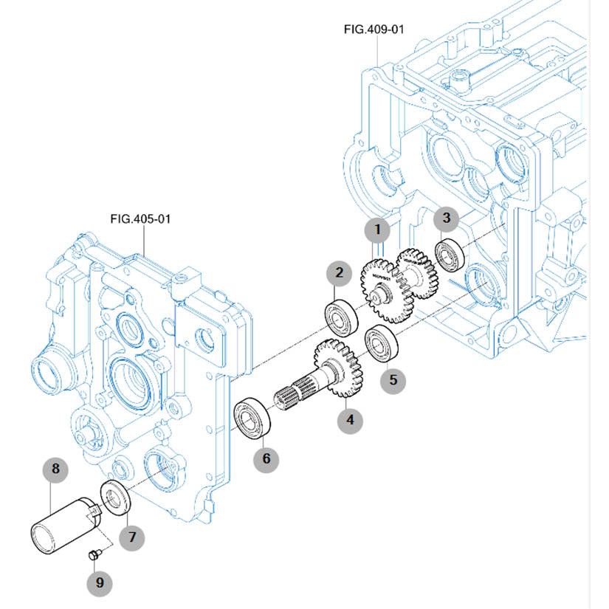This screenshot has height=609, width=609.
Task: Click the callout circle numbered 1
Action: pyautogui.click(x=378, y=230)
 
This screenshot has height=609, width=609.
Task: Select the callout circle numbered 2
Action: pyautogui.click(x=339, y=273)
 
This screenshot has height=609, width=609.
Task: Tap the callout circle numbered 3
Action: pyautogui.click(x=446, y=217)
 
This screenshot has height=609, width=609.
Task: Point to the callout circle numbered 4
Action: pyautogui.click(x=350, y=420)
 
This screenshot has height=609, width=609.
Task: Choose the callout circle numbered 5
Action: pyautogui.click(x=393, y=379)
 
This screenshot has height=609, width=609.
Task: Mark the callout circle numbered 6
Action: pyautogui.click(x=266, y=458)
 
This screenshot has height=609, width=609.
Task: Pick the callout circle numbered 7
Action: pyautogui.click(x=133, y=537)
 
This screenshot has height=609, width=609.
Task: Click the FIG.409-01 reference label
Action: pyautogui.click(x=374, y=29)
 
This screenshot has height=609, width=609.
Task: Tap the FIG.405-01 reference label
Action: pyautogui.click(x=140, y=219)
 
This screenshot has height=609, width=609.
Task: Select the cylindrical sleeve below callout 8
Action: pyautogui.click(x=63, y=526)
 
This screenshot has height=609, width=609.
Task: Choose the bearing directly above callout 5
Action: pyautogui.click(x=382, y=343)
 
